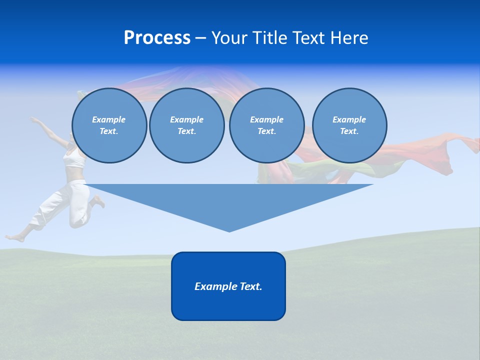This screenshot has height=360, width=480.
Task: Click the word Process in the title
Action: (157, 38)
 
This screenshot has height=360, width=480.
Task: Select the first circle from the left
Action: (109, 125)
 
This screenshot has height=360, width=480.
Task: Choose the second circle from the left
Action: (186, 125)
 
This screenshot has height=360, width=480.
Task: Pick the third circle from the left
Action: (266, 125)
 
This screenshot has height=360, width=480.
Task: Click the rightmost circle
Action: (349, 125)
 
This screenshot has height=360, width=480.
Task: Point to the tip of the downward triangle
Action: (229, 230)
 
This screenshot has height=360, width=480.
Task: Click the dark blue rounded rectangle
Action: (228, 305)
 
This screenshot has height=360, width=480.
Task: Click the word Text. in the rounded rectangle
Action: (249, 286)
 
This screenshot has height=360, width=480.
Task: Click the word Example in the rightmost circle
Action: (349, 119)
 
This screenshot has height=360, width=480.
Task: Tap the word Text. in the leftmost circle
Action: (109, 131)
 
